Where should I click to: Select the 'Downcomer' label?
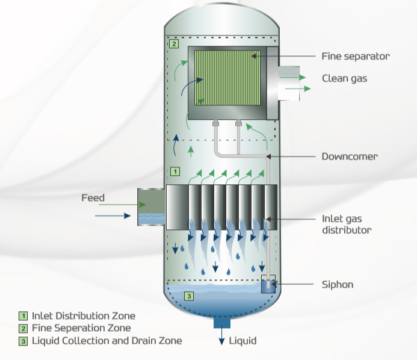click(350, 157)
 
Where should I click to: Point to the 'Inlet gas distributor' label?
click(347, 224)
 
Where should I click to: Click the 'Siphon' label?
click(338, 284)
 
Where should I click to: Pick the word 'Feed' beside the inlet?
click(93, 197)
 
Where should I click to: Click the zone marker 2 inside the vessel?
click(174, 45)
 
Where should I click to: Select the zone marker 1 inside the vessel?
click(175, 171)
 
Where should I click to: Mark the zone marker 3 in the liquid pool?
click(188, 296)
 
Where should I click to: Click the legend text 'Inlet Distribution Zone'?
click(83, 315)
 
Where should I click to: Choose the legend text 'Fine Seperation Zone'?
click(81, 328)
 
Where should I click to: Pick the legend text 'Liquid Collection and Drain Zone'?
click(107, 341)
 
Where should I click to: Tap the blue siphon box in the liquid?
click(268, 286)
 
